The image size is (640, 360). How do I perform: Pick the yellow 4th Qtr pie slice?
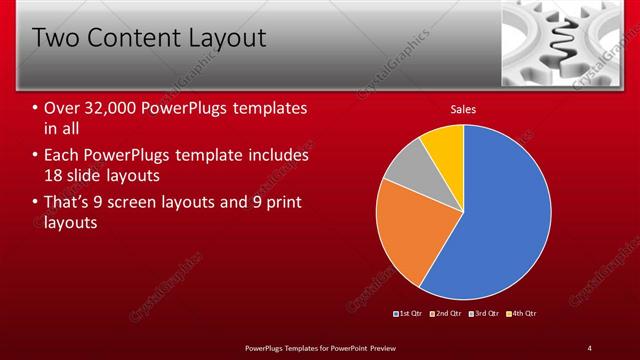444,146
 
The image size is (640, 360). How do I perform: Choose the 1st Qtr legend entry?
410,314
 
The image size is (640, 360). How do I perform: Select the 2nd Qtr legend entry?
446,314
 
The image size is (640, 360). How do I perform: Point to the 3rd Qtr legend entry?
484,314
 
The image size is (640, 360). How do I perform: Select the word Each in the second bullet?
61,156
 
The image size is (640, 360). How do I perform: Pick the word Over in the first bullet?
63,108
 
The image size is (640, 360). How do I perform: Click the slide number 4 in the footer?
590,347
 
